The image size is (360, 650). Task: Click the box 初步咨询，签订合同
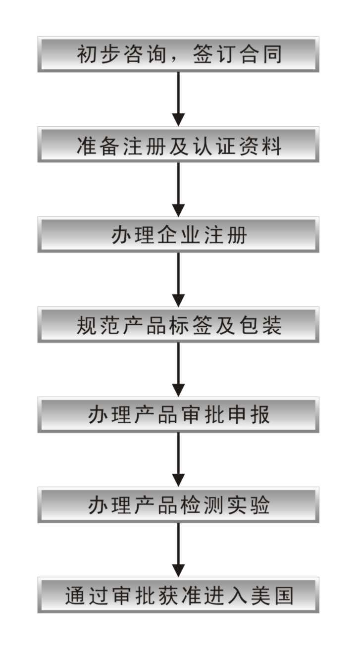pos(178,54)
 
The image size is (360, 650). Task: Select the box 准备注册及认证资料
pos(178,145)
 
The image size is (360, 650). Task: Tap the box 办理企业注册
pos(178,235)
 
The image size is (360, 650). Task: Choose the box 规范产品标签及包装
pos(178,325)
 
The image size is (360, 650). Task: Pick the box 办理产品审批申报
pos(178,415)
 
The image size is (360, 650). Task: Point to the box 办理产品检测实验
pos(178,505)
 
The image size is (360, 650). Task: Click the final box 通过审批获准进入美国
pos(178,595)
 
